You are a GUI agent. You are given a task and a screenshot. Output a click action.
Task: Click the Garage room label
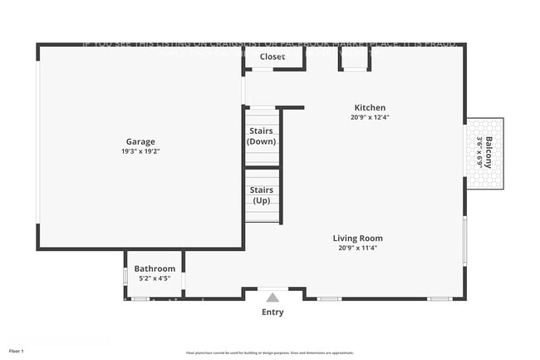coord(140,141)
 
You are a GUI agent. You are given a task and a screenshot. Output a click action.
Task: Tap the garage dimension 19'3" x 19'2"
coord(140,151)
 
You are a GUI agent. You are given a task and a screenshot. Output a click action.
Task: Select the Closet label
coord(272,57)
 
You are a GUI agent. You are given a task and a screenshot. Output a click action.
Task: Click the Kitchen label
coord(370,107)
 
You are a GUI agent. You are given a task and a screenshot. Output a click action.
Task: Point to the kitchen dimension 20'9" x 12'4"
coord(370,117)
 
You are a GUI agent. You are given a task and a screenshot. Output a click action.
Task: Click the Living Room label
coord(358,238)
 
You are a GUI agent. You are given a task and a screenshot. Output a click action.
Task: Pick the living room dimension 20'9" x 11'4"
coord(358,248)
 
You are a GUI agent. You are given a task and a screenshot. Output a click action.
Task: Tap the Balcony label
coord(489,153)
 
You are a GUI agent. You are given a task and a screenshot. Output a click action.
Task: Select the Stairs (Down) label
coord(262,136)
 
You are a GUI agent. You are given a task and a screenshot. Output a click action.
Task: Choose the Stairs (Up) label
coord(262,195)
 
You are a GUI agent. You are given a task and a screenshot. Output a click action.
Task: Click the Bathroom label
coord(155,269)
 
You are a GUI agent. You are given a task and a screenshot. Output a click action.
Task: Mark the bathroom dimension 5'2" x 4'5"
coord(155,278)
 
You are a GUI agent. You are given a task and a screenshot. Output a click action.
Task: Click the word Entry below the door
coord(272,313)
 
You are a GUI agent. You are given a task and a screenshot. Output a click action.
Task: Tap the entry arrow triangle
coord(272,297)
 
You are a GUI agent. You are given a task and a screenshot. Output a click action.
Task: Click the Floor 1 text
coord(17,351)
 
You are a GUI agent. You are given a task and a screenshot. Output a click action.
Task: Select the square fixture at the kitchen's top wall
coord(352,58)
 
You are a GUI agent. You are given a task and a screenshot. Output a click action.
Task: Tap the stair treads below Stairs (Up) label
coord(262,214)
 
